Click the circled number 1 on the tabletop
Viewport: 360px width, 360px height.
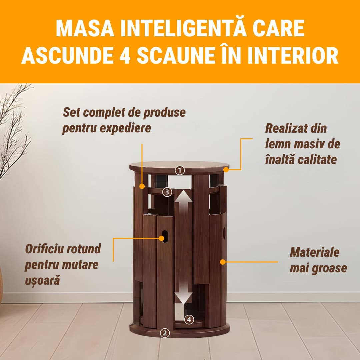[180, 170]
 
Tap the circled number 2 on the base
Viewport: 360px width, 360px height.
[164, 332]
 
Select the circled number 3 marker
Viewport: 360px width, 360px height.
[167, 192]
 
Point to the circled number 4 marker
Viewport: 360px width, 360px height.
[189, 319]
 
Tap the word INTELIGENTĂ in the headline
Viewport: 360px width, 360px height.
[180, 29]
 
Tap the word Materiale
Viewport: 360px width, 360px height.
[314, 252]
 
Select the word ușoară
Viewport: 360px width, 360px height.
[42, 280]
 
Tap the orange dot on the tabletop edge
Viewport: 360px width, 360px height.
[226, 169]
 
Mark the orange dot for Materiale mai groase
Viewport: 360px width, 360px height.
[222, 262]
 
